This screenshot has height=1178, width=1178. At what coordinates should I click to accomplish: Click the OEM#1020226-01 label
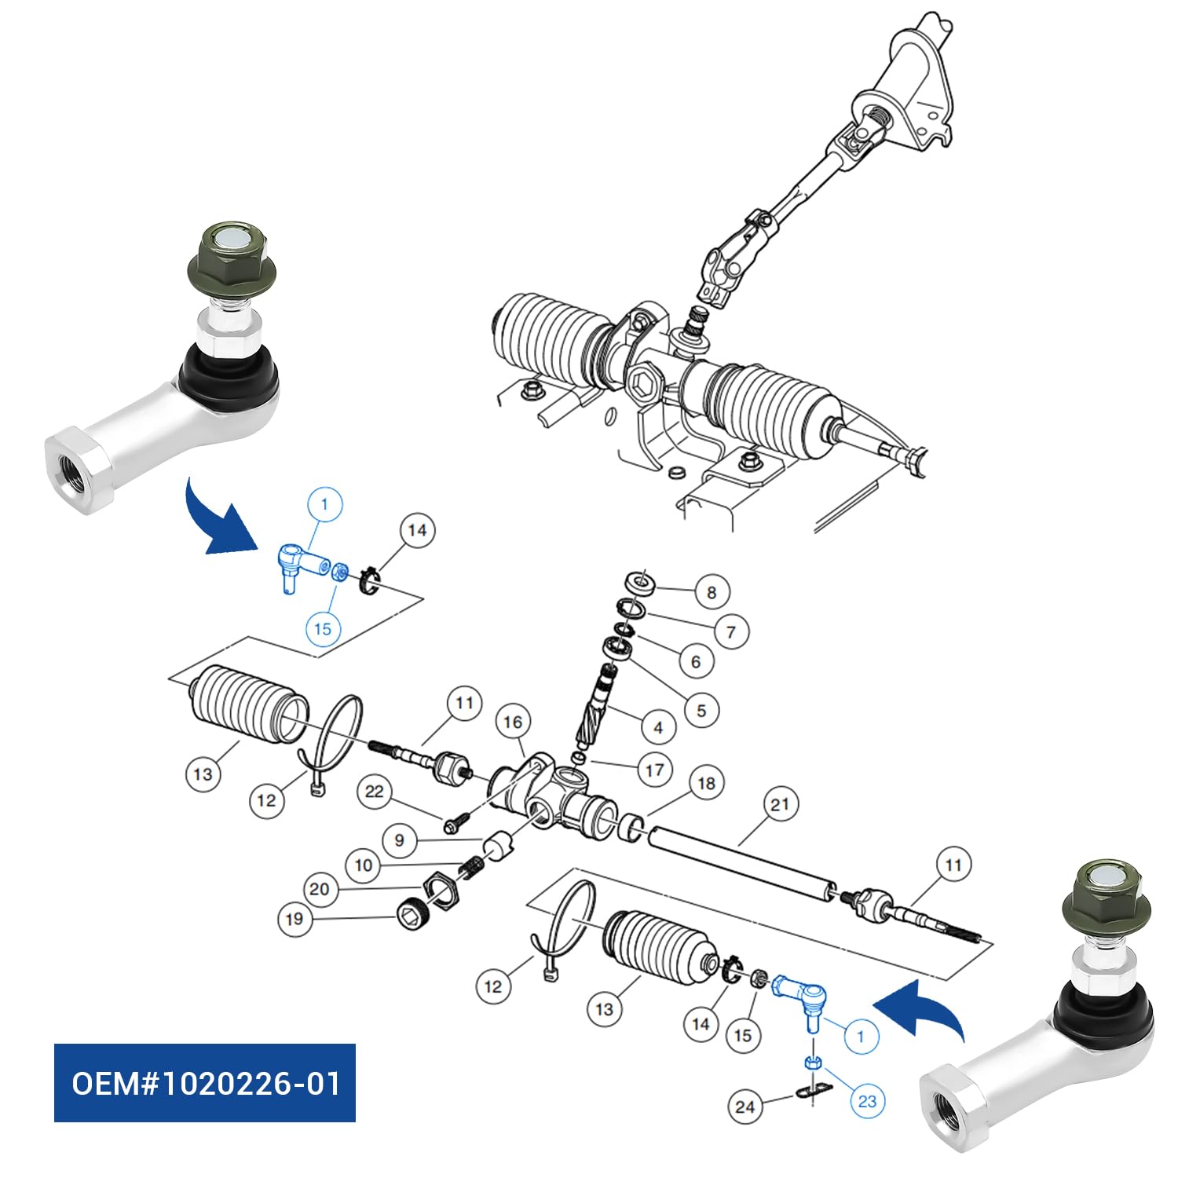(x=204, y=1083)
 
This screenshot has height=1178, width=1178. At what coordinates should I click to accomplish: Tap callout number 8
(x=712, y=592)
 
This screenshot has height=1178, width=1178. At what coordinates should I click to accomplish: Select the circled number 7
(x=731, y=631)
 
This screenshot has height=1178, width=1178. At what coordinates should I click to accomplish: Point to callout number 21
(x=779, y=805)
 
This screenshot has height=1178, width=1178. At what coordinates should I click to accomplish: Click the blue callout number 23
(x=867, y=1101)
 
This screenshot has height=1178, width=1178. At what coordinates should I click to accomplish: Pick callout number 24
(x=745, y=1107)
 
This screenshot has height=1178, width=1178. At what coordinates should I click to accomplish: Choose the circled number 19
(x=294, y=919)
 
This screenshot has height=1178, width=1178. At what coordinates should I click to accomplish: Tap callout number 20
(x=319, y=889)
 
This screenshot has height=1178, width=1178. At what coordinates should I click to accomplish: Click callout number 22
(x=375, y=792)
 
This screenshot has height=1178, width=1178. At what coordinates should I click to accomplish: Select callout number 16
(x=513, y=723)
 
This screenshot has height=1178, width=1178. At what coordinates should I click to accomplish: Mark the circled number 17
(x=655, y=770)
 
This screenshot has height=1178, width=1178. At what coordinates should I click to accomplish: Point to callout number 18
(x=706, y=783)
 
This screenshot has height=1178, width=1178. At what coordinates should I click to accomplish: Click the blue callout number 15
(x=323, y=629)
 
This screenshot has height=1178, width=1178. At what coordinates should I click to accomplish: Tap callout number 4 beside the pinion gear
(x=658, y=727)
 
